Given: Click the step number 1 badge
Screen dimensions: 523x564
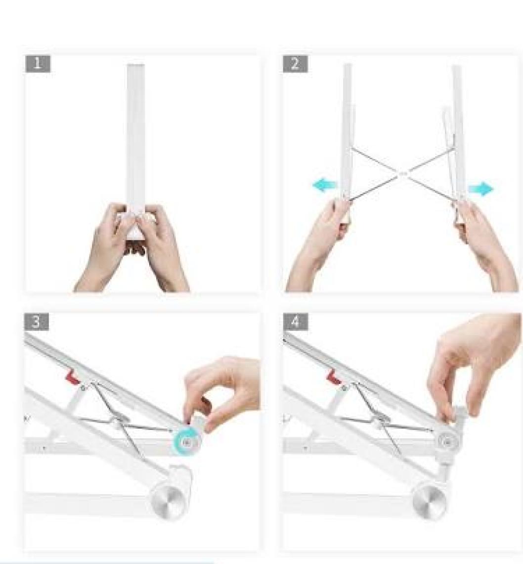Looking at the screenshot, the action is click(x=38, y=64).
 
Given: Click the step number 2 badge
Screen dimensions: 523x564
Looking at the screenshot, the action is click(x=295, y=64).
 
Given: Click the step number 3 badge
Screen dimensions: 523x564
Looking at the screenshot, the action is click(x=37, y=322).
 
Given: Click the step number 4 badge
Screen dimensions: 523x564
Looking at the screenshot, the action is click(x=295, y=322).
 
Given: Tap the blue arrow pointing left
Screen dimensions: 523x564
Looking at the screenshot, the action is click(x=325, y=185).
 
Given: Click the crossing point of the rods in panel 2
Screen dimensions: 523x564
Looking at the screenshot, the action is click(x=402, y=175).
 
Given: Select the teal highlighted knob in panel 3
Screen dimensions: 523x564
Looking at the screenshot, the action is click(x=186, y=442).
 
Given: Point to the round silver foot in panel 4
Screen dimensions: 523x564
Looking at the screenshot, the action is click(x=429, y=501).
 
